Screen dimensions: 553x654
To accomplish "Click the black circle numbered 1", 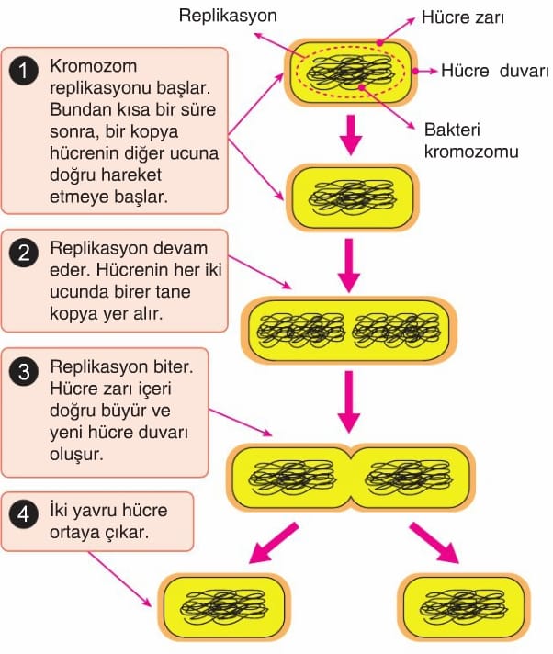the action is pyautogui.click(x=24, y=71).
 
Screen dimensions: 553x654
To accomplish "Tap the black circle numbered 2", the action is pyautogui.click(x=24, y=253).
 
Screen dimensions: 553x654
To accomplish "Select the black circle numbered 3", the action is pyautogui.click(x=24, y=371).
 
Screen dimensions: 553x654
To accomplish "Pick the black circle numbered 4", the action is pyautogui.click(x=24, y=513).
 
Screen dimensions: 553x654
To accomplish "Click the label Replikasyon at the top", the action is pyautogui.click(x=228, y=17).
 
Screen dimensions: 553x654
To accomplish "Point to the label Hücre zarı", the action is pyautogui.click(x=462, y=17).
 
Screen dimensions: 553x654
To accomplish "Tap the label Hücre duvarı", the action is pyautogui.click(x=494, y=71).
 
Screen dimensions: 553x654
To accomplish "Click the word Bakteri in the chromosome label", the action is pyautogui.click(x=452, y=130).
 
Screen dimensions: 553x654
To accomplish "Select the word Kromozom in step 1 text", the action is pyautogui.click(x=93, y=66).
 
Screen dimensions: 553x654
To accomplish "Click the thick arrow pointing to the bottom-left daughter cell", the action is pyautogui.click(x=273, y=544).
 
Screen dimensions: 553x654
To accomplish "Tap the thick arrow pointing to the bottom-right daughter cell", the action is pyautogui.click(x=434, y=544).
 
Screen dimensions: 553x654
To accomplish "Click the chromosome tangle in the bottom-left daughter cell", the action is pyautogui.click(x=224, y=607).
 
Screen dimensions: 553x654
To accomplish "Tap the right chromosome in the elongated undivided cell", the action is pyautogui.click(x=396, y=331).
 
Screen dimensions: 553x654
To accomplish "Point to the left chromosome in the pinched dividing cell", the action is pyautogui.click(x=292, y=478).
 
